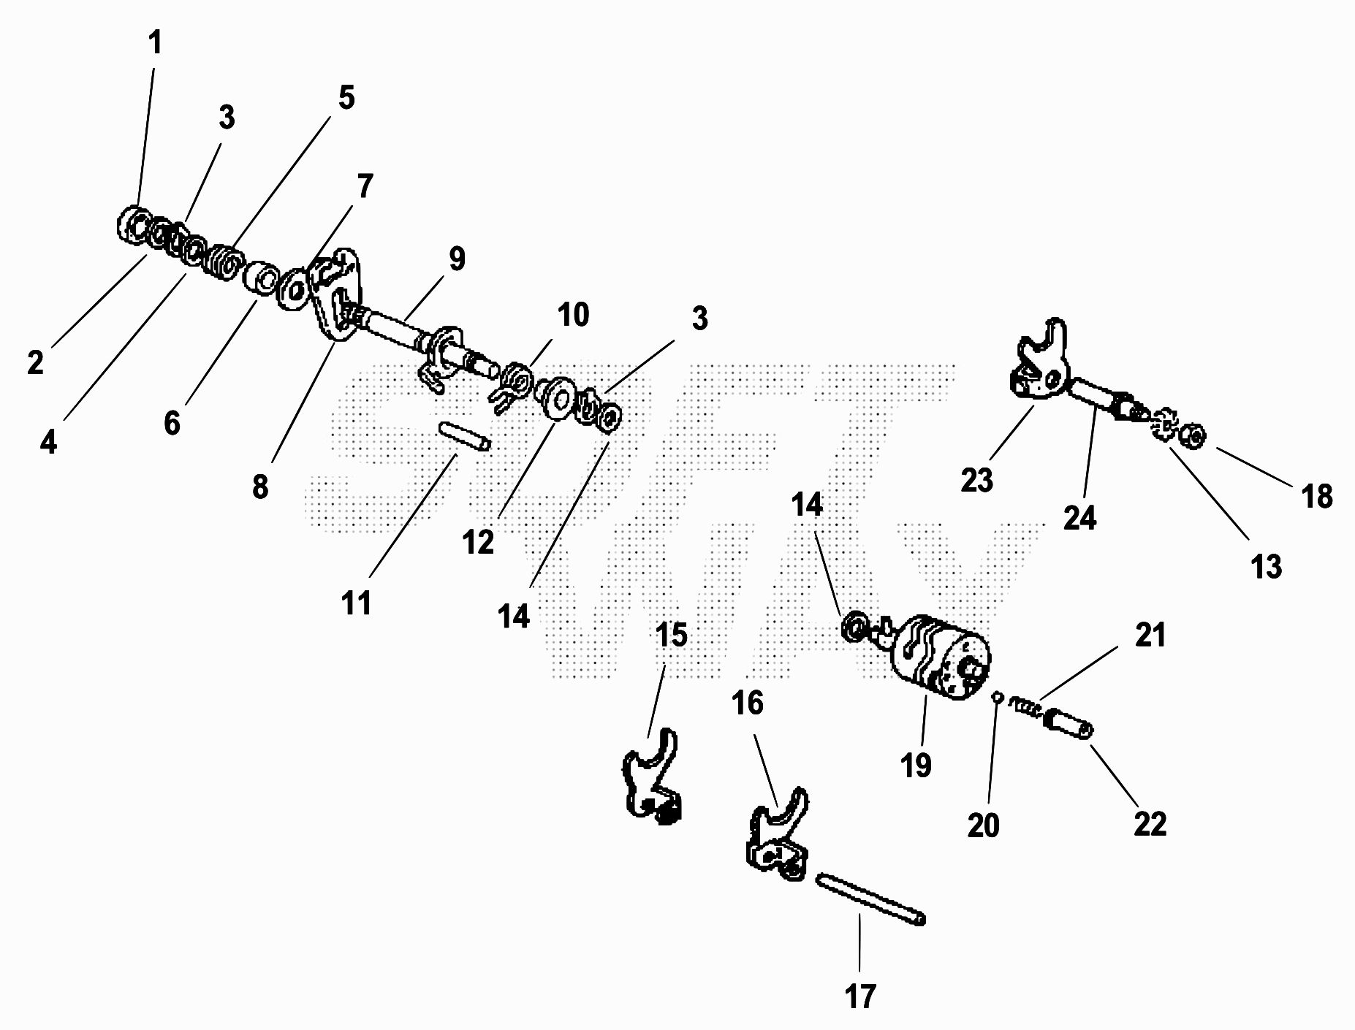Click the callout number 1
155,43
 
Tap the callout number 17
860,996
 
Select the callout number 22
1150,823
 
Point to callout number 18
1317,496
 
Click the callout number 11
357,603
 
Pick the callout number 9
457,259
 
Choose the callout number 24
1079,518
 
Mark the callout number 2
36,362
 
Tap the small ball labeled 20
997,696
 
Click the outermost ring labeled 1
132,225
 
